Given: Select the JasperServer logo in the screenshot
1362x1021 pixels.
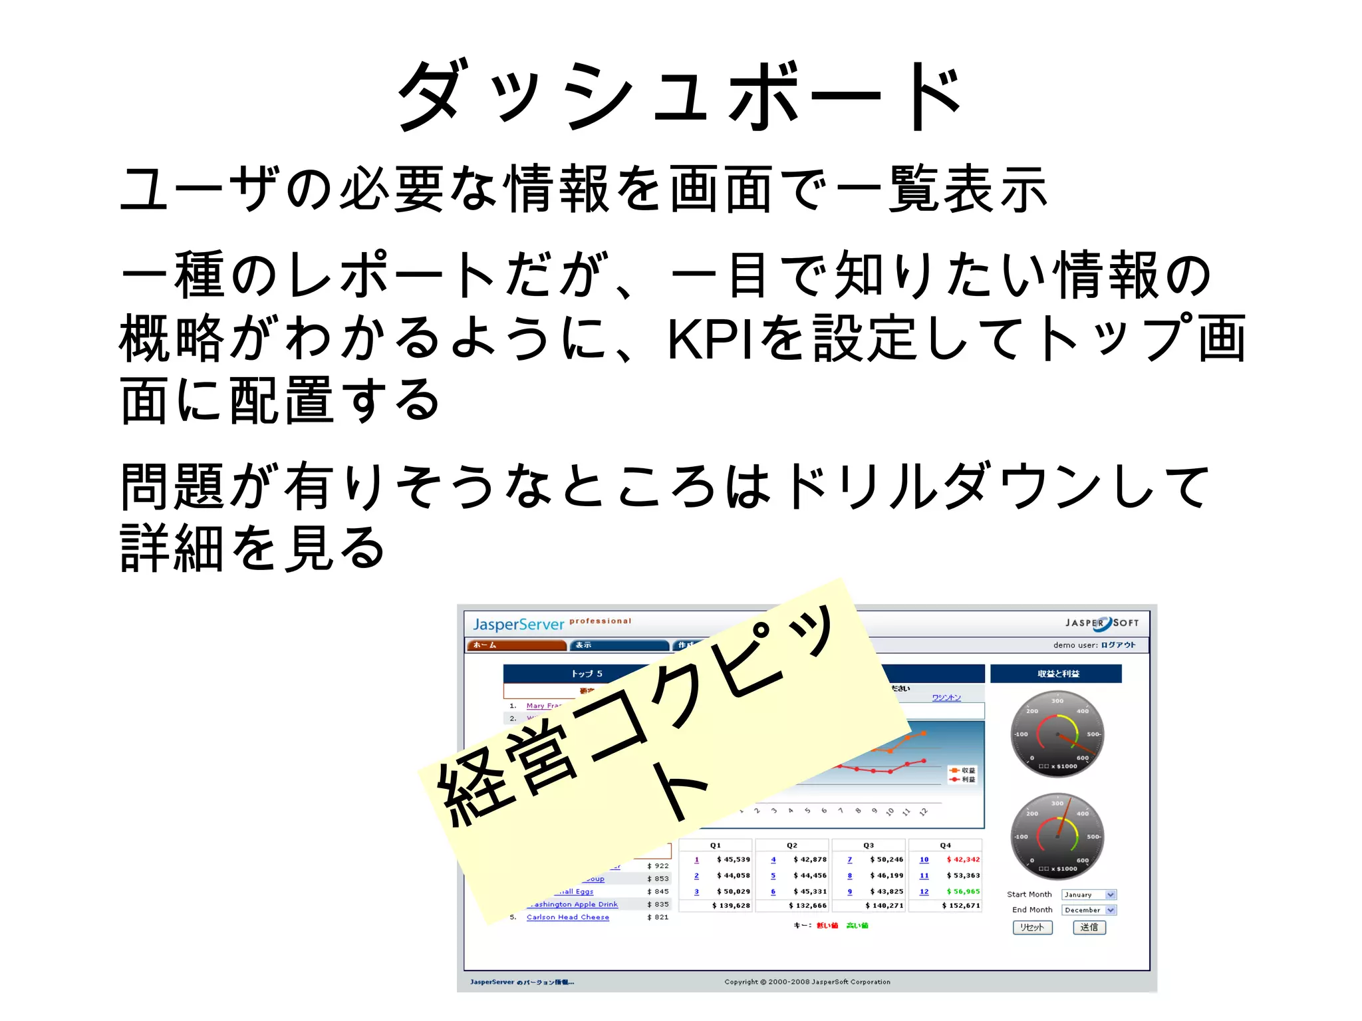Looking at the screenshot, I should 518,624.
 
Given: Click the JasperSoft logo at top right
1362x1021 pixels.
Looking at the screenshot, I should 1102,623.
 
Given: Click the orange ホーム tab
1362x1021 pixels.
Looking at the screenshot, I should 515,645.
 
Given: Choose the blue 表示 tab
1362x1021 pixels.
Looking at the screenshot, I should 620,645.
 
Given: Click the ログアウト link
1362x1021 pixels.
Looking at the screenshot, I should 1118,645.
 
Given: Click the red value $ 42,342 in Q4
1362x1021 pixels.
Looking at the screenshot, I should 963,859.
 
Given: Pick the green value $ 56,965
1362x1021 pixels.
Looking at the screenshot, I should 963,891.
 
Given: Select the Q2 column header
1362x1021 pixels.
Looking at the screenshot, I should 791,845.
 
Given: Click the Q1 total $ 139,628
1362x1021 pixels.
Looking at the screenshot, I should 731,905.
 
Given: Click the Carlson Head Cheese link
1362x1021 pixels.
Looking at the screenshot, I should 567,917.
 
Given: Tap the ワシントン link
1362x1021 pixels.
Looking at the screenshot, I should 946,698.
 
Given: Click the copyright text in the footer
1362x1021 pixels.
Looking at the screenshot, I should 807,982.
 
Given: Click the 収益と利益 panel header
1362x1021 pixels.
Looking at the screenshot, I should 1058,674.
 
